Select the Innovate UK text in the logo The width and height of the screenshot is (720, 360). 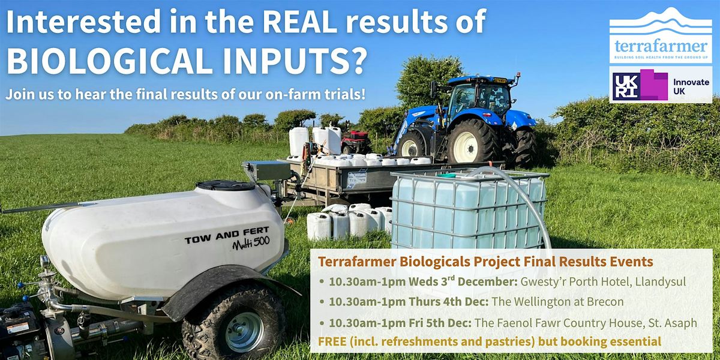tap(691, 86)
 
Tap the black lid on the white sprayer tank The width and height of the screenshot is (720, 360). tap(226, 186)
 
